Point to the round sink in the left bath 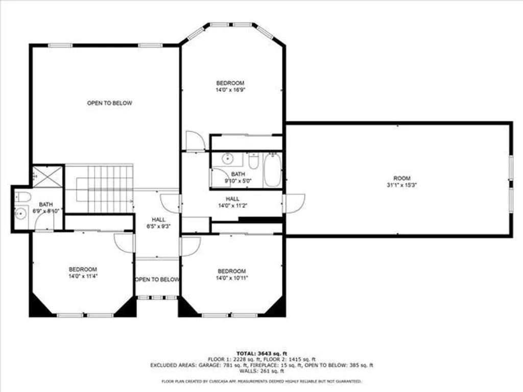pyautogui.click(x=20, y=214)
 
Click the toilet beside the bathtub pyautogui.click(x=253, y=162)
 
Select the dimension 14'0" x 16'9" pyautogui.click(x=230, y=90)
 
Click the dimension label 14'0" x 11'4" pyautogui.click(x=83, y=276)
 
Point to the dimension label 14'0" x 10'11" pyautogui.click(x=232, y=278)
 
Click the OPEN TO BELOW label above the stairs pyautogui.click(x=109, y=103)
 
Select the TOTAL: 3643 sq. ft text pyautogui.click(x=261, y=353)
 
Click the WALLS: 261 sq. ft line pyautogui.click(x=261, y=371)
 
